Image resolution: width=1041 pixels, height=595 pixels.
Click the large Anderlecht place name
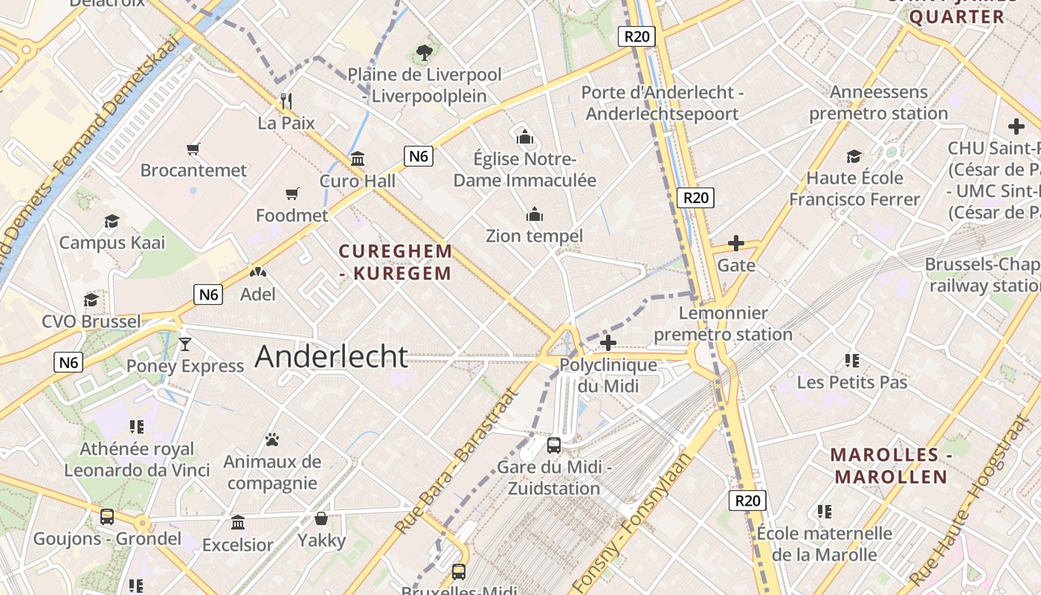[332, 357]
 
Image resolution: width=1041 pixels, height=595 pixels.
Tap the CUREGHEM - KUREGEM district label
[395, 262]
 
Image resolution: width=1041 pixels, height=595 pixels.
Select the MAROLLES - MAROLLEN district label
[889, 466]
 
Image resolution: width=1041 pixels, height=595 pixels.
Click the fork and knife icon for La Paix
[286, 100]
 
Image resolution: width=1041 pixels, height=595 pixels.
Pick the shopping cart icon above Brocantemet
[193, 149]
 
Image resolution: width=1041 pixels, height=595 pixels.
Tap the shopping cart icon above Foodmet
[292, 194]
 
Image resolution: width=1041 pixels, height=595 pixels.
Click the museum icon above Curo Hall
[358, 158]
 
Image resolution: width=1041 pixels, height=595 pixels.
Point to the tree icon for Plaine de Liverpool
[425, 53]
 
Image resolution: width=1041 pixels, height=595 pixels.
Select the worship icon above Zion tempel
[534, 215]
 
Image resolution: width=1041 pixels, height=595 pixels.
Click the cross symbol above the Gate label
[736, 243]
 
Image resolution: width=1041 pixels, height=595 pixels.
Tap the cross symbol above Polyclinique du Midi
[608, 343]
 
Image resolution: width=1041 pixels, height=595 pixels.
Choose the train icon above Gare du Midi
[554, 446]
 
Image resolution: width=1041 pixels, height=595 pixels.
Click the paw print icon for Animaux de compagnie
[272, 440]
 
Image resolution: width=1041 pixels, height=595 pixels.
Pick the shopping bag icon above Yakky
[321, 518]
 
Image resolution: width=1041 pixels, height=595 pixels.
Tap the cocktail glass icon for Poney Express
[185, 344]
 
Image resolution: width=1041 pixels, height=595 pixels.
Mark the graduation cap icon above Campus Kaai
[112, 221]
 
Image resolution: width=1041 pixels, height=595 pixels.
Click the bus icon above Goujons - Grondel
[107, 517]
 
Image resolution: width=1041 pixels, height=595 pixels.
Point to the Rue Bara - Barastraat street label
[455, 461]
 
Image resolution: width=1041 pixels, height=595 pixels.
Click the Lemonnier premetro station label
[723, 324]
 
